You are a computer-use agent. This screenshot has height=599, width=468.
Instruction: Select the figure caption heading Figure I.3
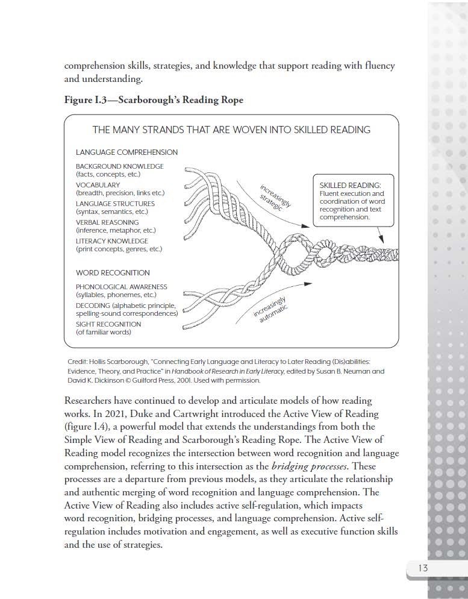[x=154, y=100]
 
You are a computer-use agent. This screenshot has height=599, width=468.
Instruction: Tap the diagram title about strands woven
[x=231, y=130]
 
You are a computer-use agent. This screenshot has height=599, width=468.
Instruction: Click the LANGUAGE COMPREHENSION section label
[x=126, y=152]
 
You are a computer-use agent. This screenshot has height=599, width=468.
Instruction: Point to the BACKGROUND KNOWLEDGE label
[x=119, y=166]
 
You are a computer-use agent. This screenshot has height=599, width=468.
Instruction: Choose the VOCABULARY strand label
[x=98, y=185]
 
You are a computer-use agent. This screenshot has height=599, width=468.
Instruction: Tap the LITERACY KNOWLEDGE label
[x=111, y=241]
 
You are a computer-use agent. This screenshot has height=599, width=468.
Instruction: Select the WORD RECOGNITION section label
[x=113, y=273]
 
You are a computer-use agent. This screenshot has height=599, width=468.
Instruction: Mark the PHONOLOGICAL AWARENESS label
[x=121, y=287]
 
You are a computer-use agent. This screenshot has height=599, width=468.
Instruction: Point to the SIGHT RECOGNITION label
[x=108, y=324]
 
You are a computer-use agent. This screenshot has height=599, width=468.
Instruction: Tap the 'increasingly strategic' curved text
[x=275, y=195]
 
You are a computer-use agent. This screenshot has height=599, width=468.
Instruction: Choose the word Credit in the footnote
[x=78, y=361]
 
